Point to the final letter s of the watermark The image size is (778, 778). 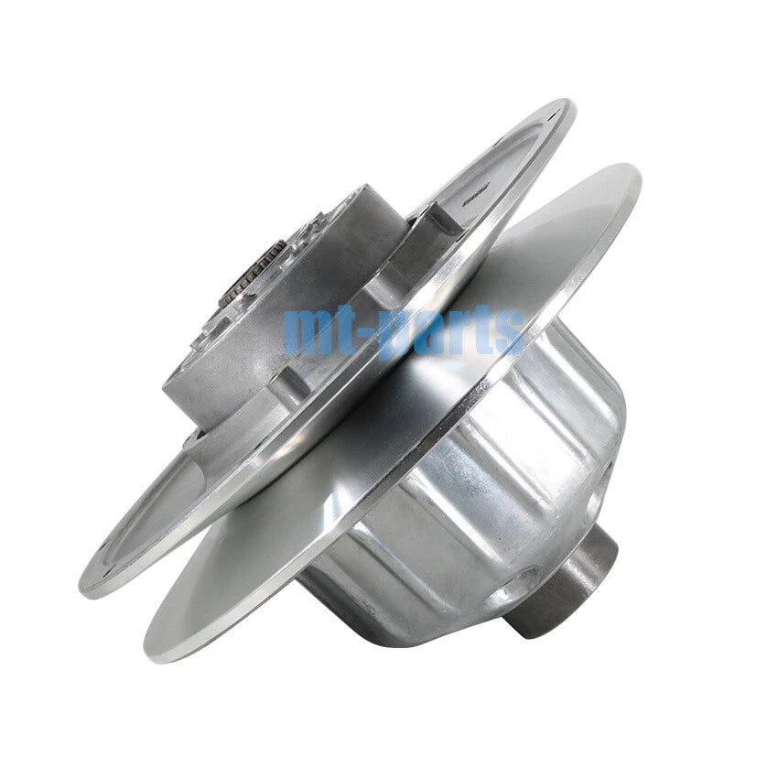click(510, 331)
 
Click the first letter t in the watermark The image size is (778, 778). click(352, 328)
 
